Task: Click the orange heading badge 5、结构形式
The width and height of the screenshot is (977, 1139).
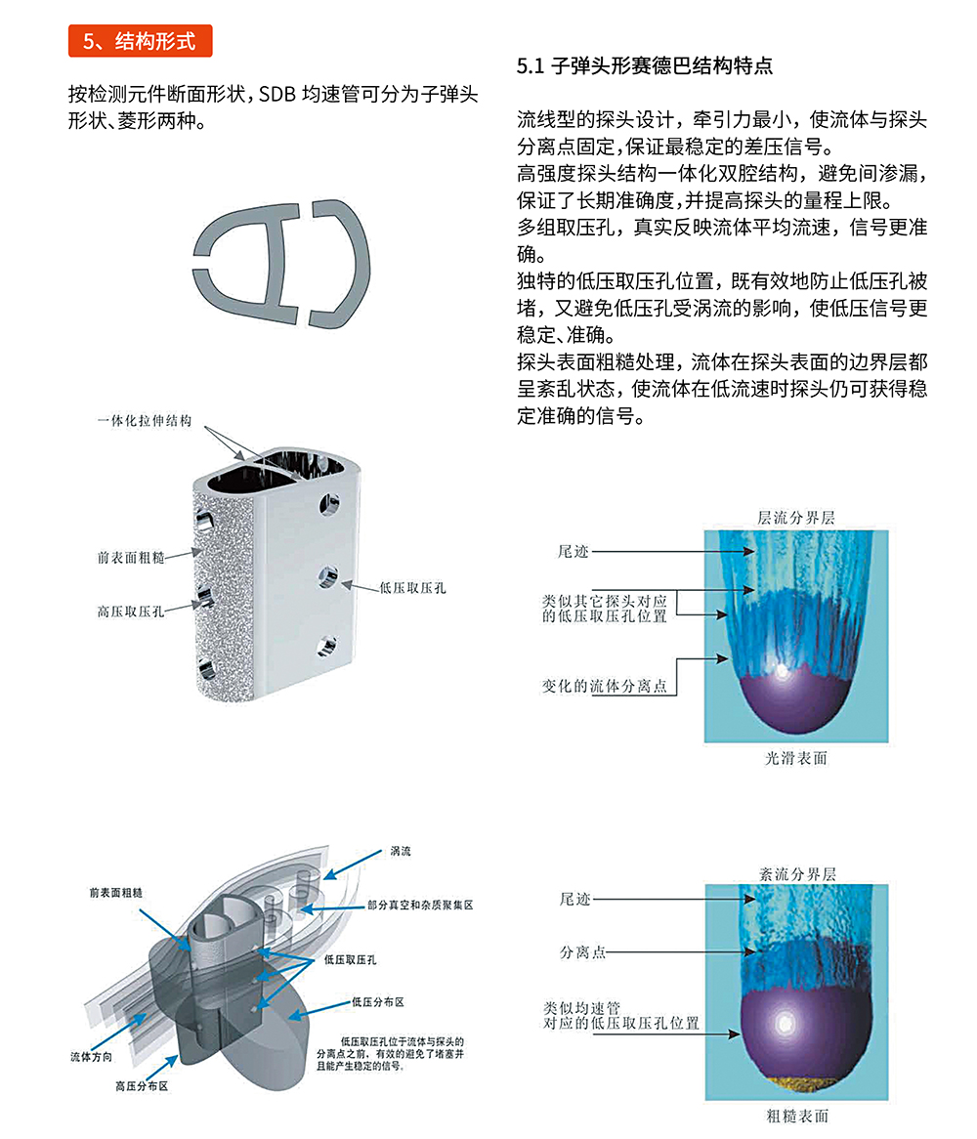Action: [x=140, y=40]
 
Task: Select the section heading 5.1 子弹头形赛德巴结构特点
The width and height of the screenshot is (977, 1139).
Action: [x=645, y=66]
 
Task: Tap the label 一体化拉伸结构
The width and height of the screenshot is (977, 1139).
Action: [x=144, y=421]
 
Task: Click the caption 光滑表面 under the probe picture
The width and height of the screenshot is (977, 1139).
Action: [x=795, y=757]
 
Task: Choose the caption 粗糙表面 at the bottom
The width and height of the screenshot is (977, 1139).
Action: [x=796, y=1116]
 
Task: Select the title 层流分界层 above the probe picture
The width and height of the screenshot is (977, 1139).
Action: [x=796, y=517]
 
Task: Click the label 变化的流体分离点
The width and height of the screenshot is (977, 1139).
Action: [x=605, y=686]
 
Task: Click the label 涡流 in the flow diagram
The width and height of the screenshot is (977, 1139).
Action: [x=401, y=851]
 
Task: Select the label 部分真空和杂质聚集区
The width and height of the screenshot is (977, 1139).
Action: [x=420, y=906]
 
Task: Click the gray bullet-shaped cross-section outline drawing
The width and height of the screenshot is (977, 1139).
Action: [x=284, y=263]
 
